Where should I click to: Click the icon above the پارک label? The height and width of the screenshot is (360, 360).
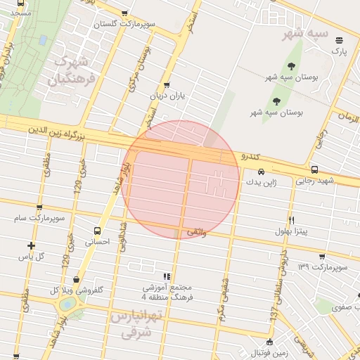coord(340,40)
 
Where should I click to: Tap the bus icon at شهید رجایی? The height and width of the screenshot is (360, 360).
coord(314,169)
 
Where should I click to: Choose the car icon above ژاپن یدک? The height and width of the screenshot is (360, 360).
coord(261,172)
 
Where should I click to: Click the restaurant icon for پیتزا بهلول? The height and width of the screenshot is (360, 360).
coord(291,219)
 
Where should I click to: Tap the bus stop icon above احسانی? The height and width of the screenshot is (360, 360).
coord(97,230)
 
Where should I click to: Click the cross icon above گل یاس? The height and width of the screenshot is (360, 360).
coord(31,245)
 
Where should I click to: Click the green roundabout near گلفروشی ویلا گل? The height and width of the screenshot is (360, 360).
coord(69,304)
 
